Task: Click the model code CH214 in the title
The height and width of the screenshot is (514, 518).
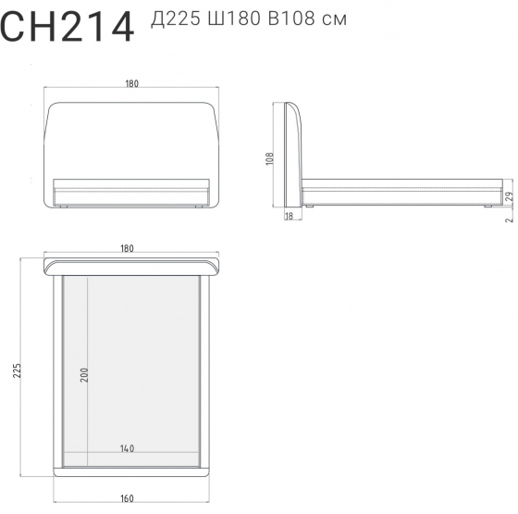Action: (x=67, y=27)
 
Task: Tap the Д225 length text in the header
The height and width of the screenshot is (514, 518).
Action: (x=176, y=19)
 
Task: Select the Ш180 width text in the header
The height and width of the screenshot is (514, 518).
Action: (x=234, y=19)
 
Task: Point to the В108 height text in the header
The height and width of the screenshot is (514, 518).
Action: (x=291, y=19)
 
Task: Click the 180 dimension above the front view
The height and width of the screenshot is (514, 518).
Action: (x=131, y=83)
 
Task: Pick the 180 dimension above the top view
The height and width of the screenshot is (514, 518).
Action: (x=128, y=248)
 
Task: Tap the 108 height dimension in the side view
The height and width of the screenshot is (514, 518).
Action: (x=270, y=158)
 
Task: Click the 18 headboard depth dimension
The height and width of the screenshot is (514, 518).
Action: (x=289, y=216)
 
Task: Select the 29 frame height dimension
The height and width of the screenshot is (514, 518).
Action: (x=510, y=196)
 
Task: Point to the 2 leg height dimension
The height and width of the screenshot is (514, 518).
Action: (x=510, y=219)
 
